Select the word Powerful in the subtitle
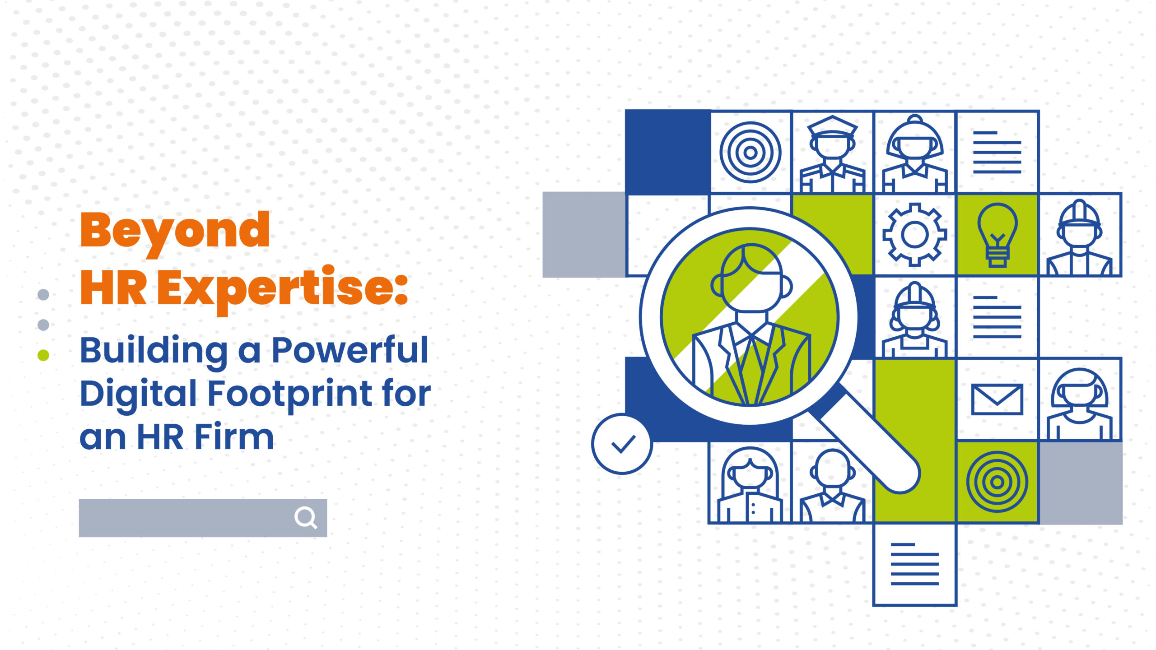[350, 350]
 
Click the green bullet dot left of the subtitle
[43, 355]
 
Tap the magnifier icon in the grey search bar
[306, 517]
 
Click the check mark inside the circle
[624, 444]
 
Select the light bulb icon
[998, 235]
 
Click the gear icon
[915, 234]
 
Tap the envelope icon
[997, 399]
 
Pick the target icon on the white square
[750, 153]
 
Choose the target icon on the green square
[997, 482]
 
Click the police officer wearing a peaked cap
[833, 154]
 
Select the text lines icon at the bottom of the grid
[915, 564]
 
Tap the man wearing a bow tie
[833, 486]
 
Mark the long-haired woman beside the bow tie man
[750, 485]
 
